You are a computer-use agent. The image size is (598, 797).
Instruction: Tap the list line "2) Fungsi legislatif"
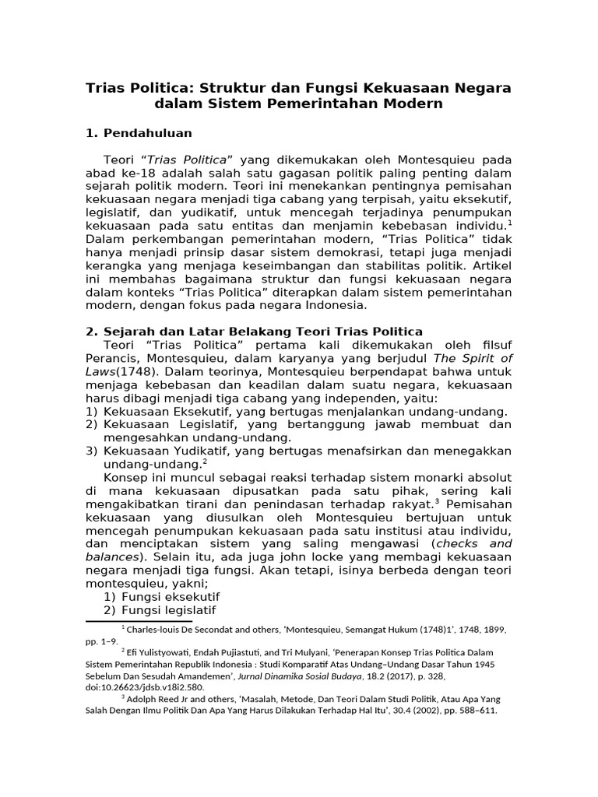[x=160, y=609]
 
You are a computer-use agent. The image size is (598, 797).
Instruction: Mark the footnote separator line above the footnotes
[x=143, y=621]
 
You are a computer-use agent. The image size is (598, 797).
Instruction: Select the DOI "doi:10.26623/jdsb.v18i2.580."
[x=146, y=688]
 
